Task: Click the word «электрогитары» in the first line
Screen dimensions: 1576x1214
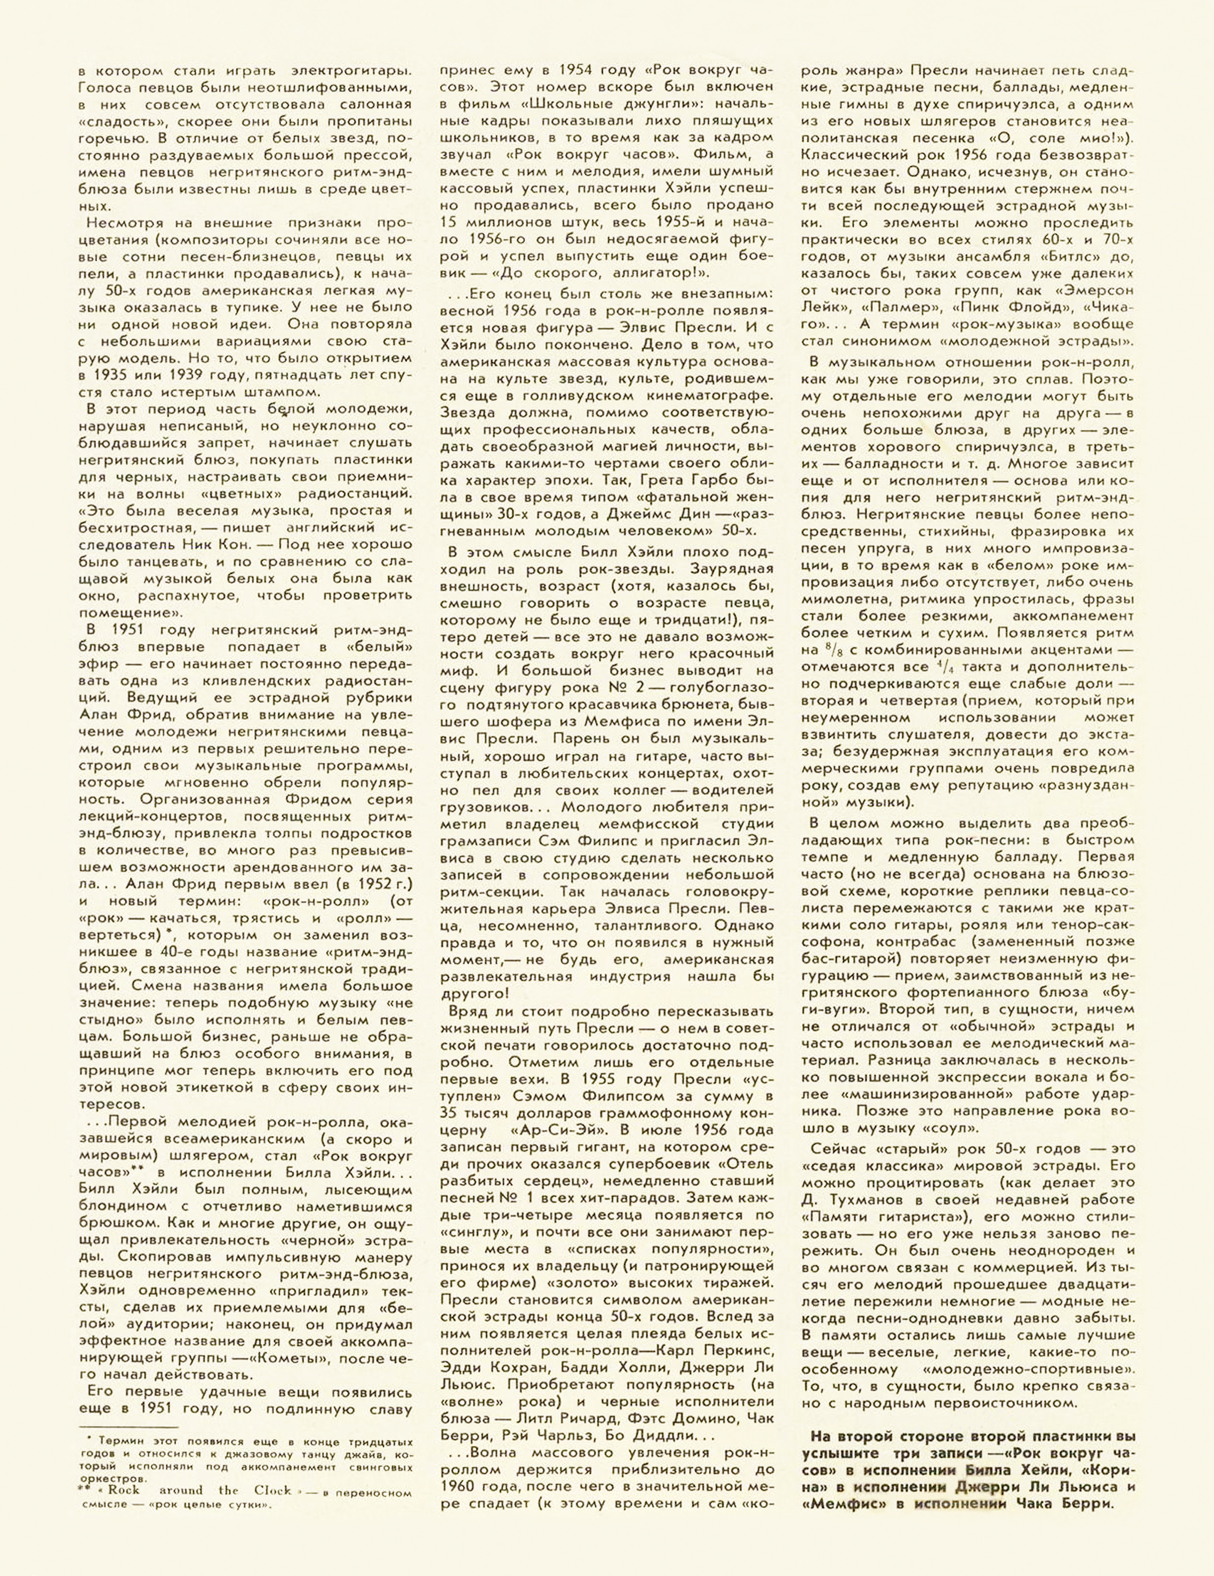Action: [x=352, y=71]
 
